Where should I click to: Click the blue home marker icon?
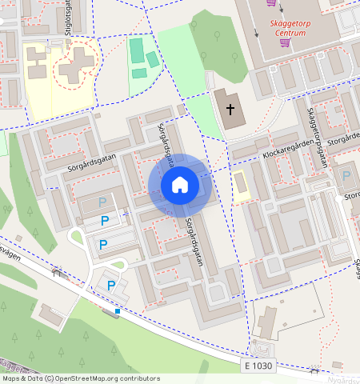coord(180,186)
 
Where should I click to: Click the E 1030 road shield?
coord(258,365)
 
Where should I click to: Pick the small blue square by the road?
coord(118,310)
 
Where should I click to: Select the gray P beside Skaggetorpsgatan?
coord(346,175)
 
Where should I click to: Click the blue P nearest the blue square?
coord(111,285)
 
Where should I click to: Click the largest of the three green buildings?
coord(137,53)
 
